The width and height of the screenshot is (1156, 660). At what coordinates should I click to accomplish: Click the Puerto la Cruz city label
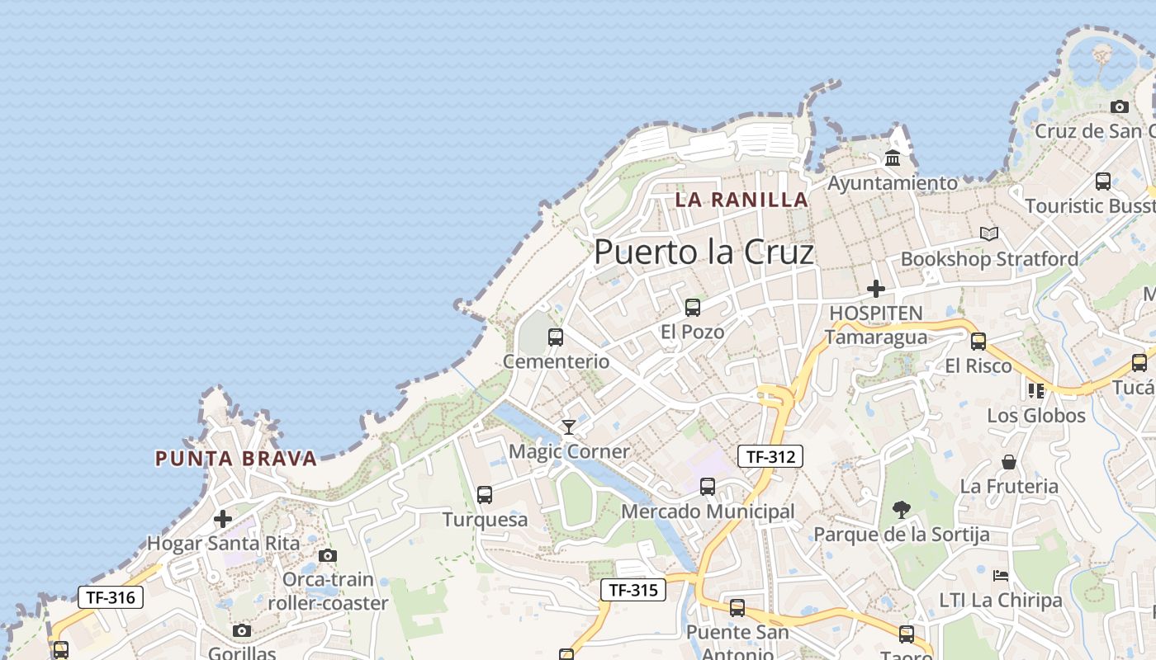(704, 252)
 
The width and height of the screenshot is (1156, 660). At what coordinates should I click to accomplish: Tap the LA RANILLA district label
(741, 200)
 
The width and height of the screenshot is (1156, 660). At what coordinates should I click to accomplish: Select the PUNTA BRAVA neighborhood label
(236, 459)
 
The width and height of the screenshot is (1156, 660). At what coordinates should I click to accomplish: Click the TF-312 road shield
(770, 456)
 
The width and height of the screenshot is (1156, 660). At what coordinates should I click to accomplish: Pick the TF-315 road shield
(632, 590)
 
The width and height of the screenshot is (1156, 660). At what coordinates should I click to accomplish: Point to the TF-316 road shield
(111, 596)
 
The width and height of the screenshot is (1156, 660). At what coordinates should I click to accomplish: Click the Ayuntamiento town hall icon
(893, 158)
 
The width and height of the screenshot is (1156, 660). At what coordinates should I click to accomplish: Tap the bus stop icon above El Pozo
(692, 308)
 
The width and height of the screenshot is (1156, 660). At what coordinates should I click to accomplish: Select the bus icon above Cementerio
(556, 337)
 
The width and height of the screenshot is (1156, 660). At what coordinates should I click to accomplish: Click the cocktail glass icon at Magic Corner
(568, 427)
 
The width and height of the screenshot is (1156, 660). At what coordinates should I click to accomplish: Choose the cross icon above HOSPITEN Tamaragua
(876, 289)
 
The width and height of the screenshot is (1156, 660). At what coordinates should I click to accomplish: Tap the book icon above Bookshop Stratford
(989, 234)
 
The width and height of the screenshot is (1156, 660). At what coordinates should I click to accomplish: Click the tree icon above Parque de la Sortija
(902, 510)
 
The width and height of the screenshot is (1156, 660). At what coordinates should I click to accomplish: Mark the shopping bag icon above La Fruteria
(1008, 462)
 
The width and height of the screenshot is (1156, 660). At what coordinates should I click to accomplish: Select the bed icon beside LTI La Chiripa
(1001, 576)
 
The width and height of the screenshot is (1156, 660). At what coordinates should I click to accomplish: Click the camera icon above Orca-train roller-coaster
(328, 555)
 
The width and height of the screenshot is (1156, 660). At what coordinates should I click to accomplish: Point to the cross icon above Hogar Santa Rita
(223, 519)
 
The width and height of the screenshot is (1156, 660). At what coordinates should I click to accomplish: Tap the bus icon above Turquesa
(485, 495)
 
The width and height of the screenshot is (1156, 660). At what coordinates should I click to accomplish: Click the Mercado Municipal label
(708, 511)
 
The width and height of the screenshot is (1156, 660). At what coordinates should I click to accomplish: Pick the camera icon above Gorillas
(242, 631)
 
